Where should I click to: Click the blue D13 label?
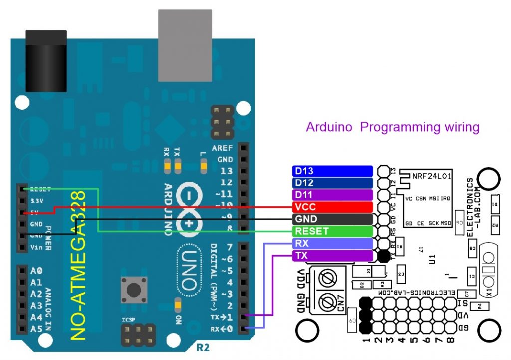coord(332,171)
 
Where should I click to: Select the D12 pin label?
coord(332,182)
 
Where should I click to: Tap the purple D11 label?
coord(332,194)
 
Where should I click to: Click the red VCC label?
coord(332,207)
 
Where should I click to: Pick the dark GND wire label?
coord(332,219)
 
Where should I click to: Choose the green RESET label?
coord(332,231)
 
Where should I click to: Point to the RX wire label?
coord(332,244)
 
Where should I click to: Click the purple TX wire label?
coord(332,256)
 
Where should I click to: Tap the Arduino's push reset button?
coord(133,289)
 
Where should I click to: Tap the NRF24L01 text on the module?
coord(432,176)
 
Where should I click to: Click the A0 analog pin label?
coord(36,271)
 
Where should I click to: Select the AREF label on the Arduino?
coord(223,149)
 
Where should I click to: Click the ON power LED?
coord(177,304)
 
